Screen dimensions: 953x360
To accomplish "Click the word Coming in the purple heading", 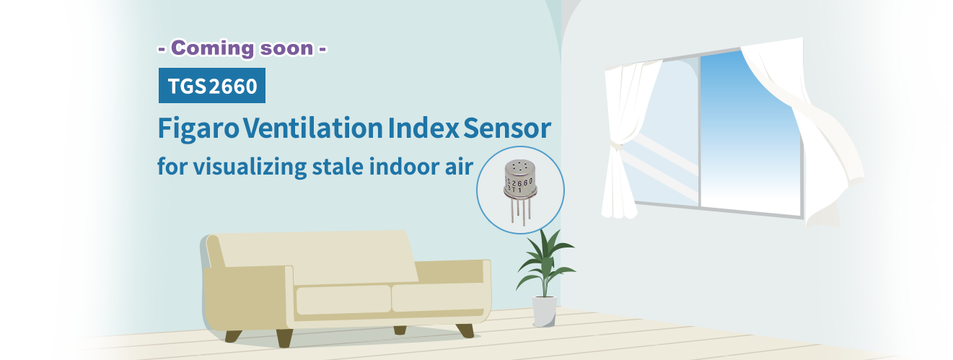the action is click(212, 49).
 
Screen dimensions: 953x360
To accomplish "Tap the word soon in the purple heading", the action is click(286, 48).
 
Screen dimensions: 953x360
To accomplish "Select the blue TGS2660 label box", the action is click(212, 86).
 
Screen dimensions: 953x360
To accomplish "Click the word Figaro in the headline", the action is click(198, 128).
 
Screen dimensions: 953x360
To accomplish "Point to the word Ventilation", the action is click(313, 128).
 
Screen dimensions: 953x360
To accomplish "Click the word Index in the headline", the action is click(423, 128).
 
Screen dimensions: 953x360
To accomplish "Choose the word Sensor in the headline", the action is click(507, 128).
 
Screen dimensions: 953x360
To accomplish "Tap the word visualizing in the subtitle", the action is click(250, 167).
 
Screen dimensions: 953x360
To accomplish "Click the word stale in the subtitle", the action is click(338, 166).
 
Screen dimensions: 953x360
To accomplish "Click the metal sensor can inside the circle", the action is click(519, 180).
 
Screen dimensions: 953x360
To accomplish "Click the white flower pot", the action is click(545, 311).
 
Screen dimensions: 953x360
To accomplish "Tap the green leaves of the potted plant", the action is click(545, 264).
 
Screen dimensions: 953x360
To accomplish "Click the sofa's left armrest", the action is click(248, 298).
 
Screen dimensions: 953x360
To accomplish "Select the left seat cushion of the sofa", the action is click(343, 300).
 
